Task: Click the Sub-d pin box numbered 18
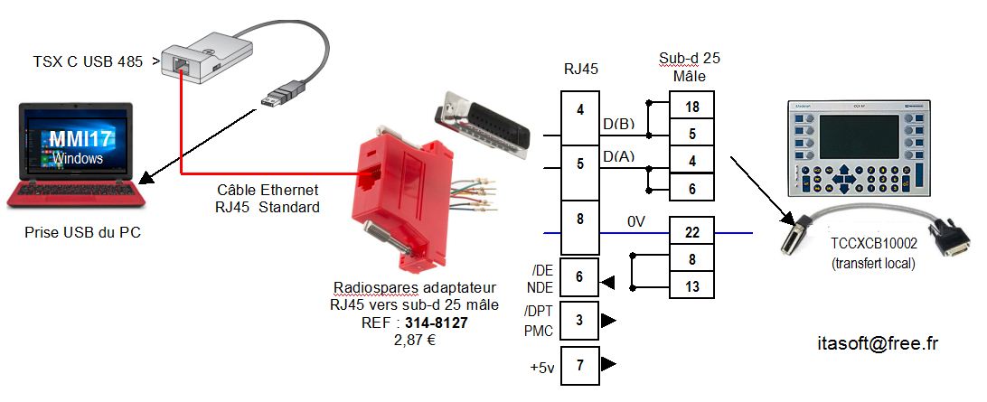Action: click(691, 107)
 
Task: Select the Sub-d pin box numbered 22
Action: click(691, 232)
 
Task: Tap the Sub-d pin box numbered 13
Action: click(691, 285)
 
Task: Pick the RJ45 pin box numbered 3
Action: click(579, 320)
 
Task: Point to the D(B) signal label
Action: click(618, 124)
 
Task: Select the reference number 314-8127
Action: click(437, 323)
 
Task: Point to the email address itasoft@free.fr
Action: click(876, 343)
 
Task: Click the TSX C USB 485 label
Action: click(88, 61)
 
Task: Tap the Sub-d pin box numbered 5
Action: click(691, 135)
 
